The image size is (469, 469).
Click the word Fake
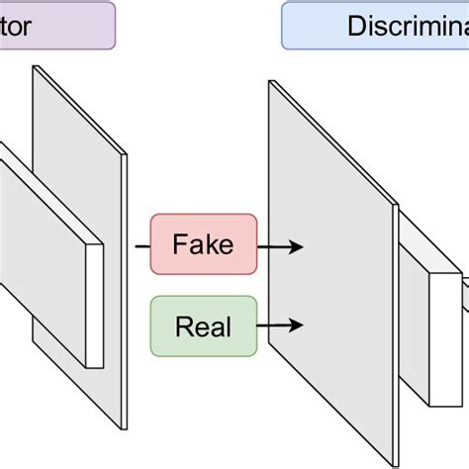click(203, 243)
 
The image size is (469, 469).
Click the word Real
click(203, 325)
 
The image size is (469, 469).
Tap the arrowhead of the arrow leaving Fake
click(298, 244)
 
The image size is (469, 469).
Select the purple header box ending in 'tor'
click(54, 26)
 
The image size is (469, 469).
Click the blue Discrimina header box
click(376, 26)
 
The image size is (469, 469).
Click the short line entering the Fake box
click(141, 243)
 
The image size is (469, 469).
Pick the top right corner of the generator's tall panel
click(127, 155)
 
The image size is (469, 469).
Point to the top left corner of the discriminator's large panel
click(270, 82)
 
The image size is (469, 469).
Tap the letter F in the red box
click(179, 243)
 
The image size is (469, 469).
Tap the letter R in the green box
click(182, 325)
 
